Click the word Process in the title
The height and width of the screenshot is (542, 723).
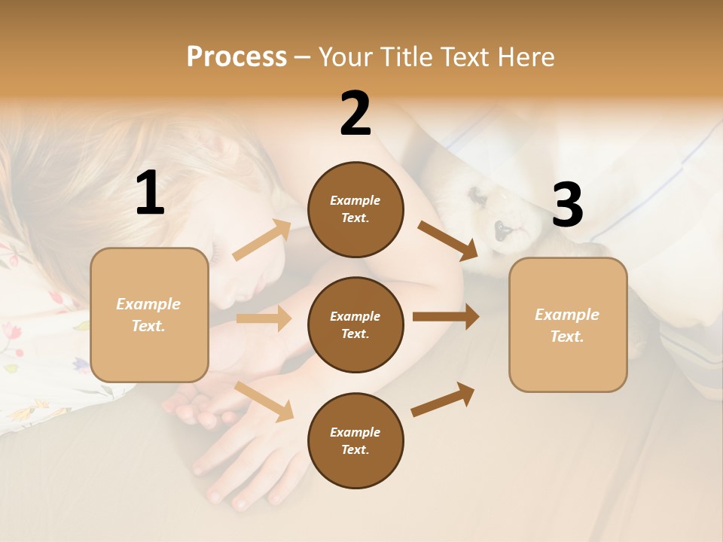pyautogui.click(x=236, y=56)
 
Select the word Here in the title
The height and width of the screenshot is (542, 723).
pyautogui.click(x=525, y=56)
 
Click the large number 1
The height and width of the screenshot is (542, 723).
pyautogui.click(x=150, y=193)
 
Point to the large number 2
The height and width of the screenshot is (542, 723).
pyautogui.click(x=355, y=114)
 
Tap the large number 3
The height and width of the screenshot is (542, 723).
pyautogui.click(x=567, y=206)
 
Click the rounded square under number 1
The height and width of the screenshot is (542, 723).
pyautogui.click(x=149, y=315)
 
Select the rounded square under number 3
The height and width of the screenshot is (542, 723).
pyautogui.click(x=568, y=324)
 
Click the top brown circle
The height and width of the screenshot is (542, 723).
pyautogui.click(x=355, y=209)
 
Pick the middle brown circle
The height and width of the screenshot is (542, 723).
pyautogui.click(x=355, y=324)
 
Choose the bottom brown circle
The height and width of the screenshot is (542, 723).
pyautogui.click(x=355, y=440)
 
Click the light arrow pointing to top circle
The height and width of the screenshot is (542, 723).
pyautogui.click(x=262, y=240)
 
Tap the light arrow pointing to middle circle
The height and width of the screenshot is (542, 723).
pyautogui.click(x=264, y=318)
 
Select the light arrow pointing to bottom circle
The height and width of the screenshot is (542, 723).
pyautogui.click(x=264, y=401)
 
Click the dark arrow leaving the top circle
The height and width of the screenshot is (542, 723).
pyautogui.click(x=447, y=240)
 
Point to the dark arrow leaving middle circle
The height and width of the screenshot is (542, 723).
pyautogui.click(x=446, y=317)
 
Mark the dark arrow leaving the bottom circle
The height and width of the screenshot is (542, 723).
pyautogui.click(x=443, y=400)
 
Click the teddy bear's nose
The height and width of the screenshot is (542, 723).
pyautogui.click(x=499, y=228)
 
